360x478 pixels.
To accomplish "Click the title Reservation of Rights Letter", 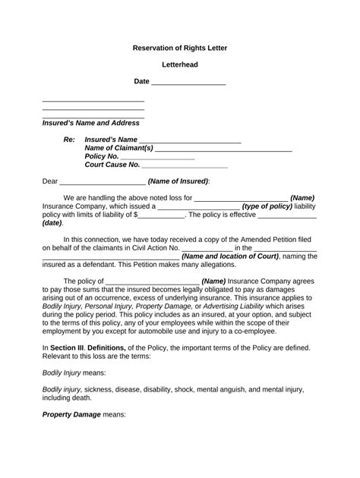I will click(x=180, y=48).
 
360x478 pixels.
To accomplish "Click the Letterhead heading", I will click(x=180, y=64).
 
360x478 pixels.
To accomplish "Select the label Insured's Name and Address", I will click(x=90, y=122).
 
